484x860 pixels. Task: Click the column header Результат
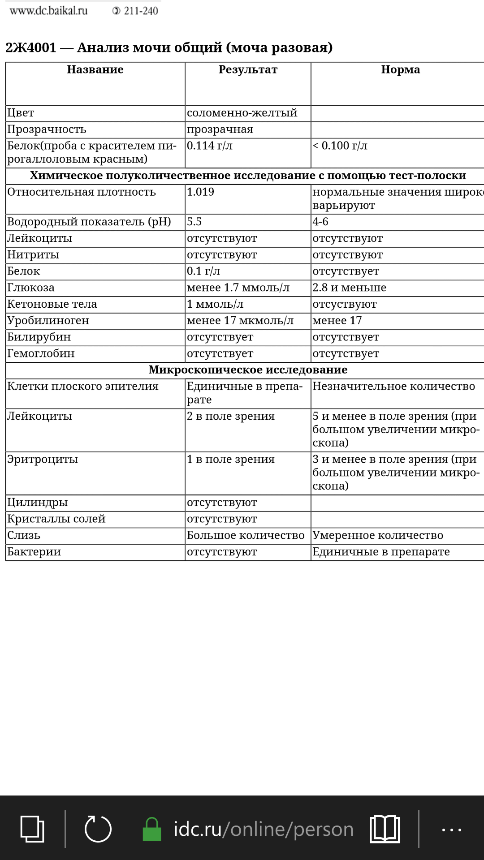point(248,70)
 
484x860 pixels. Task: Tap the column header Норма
point(400,70)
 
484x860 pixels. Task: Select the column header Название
point(95,70)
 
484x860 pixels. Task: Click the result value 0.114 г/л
point(210,146)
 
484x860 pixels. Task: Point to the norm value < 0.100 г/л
point(340,146)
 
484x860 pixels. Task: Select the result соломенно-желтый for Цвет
point(242,113)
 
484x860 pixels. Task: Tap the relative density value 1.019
point(200,192)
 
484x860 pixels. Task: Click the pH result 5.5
point(194,222)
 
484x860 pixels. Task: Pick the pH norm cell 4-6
point(320,222)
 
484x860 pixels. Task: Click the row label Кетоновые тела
point(52,304)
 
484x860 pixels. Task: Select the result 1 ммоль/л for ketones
point(215,304)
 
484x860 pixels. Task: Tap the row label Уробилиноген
point(48,321)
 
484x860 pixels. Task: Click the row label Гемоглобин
point(41,353)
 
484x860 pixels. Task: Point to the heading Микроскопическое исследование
point(248,370)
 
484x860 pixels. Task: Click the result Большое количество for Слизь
point(246,536)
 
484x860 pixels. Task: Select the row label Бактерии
point(34,552)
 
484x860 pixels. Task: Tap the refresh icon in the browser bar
point(98,829)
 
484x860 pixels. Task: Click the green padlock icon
point(151,829)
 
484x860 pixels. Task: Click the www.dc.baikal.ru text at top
point(48,11)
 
